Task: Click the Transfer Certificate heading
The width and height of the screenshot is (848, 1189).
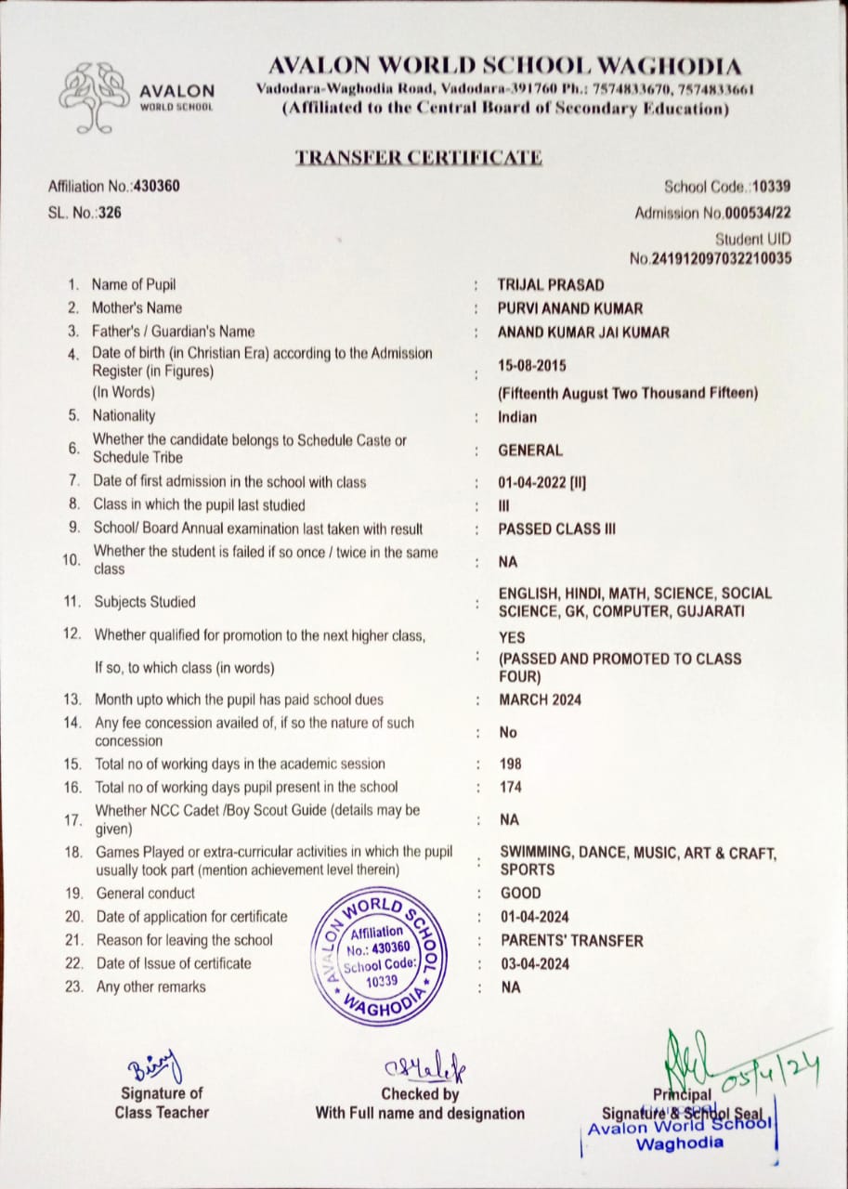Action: click(418, 157)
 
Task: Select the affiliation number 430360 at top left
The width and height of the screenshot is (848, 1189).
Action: click(157, 186)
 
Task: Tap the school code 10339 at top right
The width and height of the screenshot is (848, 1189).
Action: click(772, 187)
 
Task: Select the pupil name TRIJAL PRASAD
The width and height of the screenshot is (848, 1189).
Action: click(551, 285)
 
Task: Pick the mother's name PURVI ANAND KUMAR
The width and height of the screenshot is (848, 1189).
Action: click(570, 308)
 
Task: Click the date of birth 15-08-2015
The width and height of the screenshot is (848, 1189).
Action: click(532, 367)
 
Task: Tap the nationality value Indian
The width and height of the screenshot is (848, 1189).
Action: click(517, 417)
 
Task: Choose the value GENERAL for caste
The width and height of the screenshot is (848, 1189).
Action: click(530, 451)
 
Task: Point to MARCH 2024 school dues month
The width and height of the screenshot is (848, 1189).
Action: click(541, 700)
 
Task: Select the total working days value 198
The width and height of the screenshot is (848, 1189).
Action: click(511, 764)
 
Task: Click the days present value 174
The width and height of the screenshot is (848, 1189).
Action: click(511, 788)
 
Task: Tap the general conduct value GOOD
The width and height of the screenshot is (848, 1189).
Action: click(520, 894)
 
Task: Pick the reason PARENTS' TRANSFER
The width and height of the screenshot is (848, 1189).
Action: click(571, 941)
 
